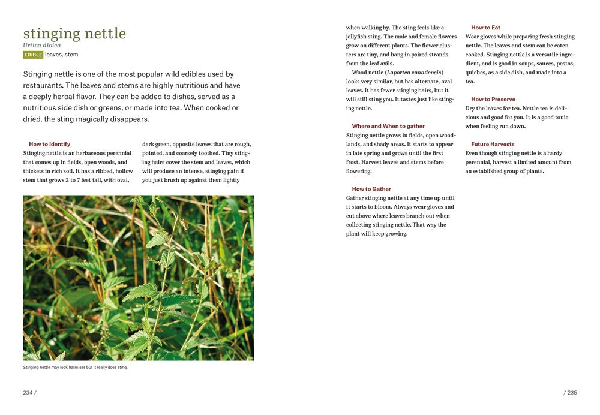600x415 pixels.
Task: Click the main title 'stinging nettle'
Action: [74, 34]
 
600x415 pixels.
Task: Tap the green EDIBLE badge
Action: [33, 55]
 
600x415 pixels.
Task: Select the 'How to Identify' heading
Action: [49, 144]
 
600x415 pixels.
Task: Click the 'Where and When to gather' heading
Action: [388, 126]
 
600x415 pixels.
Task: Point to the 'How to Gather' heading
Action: [371, 189]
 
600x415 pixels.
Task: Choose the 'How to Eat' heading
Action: [485, 28]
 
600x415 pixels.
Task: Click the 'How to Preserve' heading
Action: [493, 99]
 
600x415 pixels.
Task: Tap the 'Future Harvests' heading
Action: [493, 144]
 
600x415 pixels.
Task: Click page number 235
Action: [571, 393]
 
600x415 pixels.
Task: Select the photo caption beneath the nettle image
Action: [75, 368]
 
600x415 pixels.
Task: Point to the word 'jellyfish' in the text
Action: [359, 37]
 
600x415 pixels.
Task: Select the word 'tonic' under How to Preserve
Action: [562, 117]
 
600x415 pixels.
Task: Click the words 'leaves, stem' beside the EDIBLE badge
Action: [61, 55]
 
